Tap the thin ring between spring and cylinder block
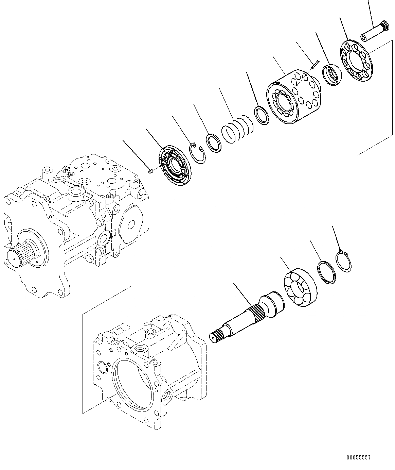(x=262, y=116)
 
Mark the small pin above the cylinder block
(x=314, y=64)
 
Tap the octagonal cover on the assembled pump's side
(x=129, y=225)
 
